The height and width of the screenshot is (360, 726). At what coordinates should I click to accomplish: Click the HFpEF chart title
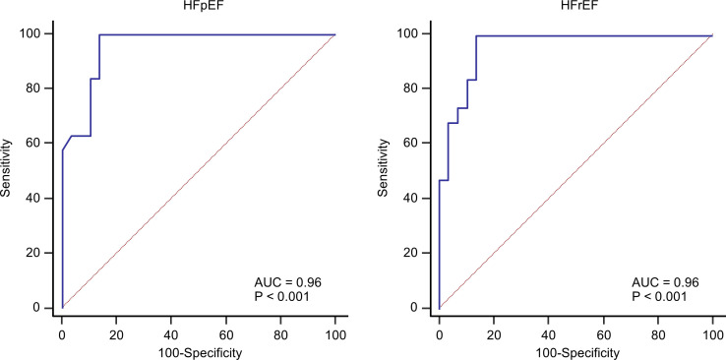tap(198, 7)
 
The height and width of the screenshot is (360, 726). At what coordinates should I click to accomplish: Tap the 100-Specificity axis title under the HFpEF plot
tap(198, 352)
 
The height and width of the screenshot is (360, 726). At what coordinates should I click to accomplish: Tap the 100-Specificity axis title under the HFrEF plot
tap(575, 352)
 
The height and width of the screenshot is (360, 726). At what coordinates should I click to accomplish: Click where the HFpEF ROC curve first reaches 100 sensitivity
tap(99, 35)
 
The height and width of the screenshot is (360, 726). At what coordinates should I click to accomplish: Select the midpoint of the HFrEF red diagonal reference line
tap(575, 171)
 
